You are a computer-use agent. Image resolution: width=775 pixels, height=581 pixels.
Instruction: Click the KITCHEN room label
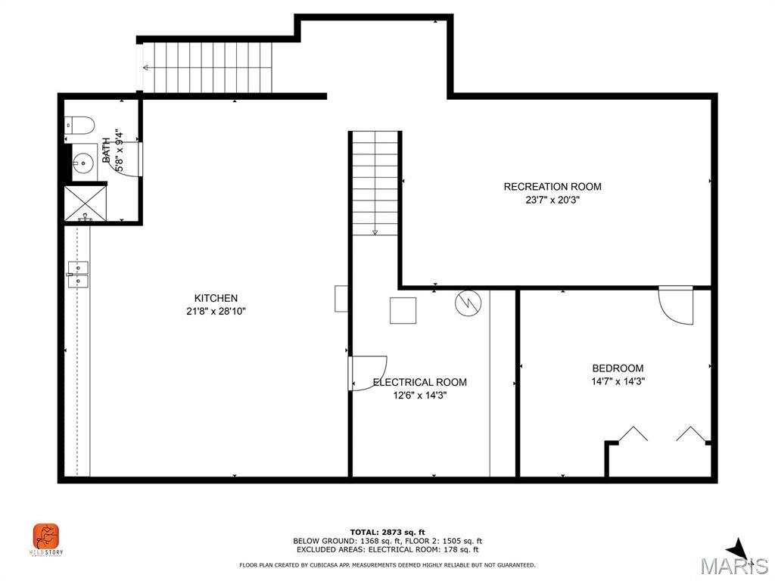tap(216, 298)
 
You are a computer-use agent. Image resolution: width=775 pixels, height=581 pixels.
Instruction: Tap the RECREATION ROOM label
tap(552, 187)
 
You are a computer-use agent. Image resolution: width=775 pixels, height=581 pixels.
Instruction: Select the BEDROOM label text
tap(618, 368)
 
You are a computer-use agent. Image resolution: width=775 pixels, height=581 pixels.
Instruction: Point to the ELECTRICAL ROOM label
tap(420, 382)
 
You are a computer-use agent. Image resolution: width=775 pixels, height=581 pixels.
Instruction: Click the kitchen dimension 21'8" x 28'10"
tap(216, 311)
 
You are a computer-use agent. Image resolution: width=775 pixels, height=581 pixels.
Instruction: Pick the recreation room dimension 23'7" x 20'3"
tap(552, 200)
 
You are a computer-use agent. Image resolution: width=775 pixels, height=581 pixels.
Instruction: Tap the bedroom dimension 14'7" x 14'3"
tap(618, 381)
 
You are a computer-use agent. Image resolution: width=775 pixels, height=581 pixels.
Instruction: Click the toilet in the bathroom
tap(78, 124)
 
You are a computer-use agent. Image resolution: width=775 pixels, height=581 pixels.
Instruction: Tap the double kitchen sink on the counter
tap(77, 274)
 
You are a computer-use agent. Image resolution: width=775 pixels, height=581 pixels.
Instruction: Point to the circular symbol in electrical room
tap(467, 303)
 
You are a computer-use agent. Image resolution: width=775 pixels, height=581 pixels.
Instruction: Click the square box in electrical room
tap(403, 310)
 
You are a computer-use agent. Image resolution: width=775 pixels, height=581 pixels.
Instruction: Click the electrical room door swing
tap(368, 373)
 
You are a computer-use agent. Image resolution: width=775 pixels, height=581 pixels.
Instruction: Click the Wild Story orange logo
tap(46, 537)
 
